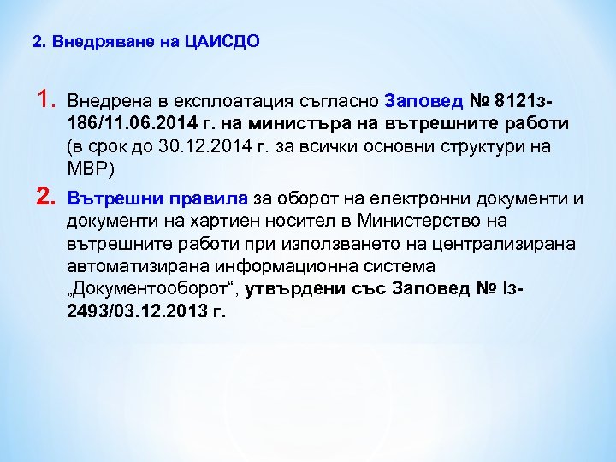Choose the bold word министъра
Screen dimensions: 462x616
tap(335, 123)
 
